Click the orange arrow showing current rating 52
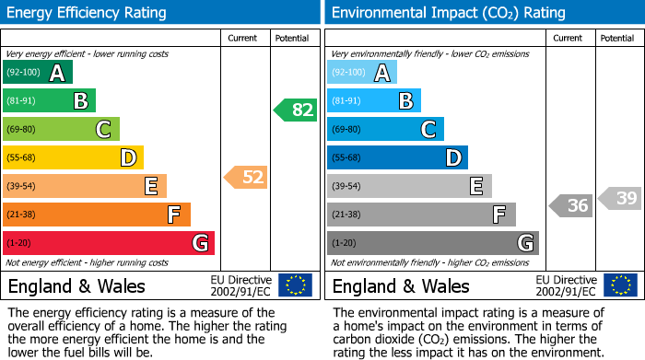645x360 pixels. pyautogui.click(x=246, y=177)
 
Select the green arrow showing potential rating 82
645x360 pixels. pyautogui.click(x=295, y=110)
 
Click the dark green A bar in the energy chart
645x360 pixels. pyautogui.click(x=38, y=73)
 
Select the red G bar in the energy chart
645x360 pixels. pyautogui.click(x=109, y=243)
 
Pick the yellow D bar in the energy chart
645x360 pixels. pyautogui.click(x=73, y=157)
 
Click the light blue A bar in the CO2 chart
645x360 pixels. pyautogui.click(x=362, y=73)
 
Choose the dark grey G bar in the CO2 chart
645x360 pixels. pyautogui.click(x=432, y=243)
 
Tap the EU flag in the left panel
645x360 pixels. pyautogui.click(x=295, y=285)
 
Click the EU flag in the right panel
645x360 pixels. pyautogui.click(x=619, y=285)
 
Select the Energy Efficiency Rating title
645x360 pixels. pyautogui.click(x=88, y=13)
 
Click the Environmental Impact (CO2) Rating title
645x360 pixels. pyautogui.click(x=448, y=13)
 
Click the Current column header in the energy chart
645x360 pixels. pyautogui.click(x=243, y=38)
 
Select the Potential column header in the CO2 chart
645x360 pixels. pyautogui.click(x=617, y=38)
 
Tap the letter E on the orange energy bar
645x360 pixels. pyautogui.click(x=150, y=187)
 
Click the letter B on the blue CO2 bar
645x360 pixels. pyautogui.click(x=405, y=101)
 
